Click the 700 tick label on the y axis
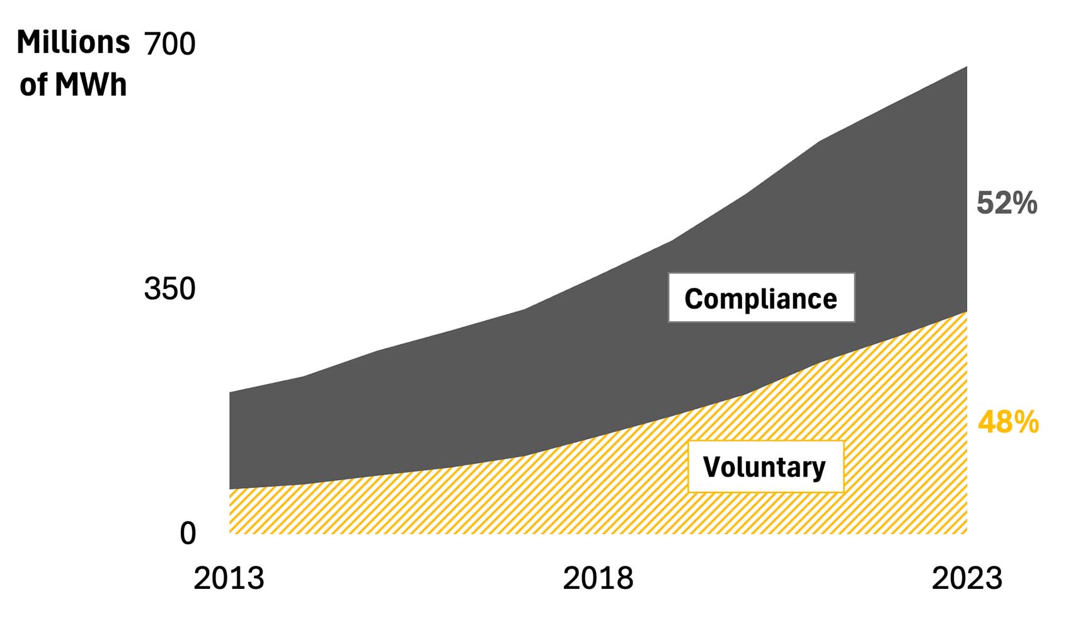[x=170, y=44]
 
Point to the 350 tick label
[x=169, y=289]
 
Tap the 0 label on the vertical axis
[x=188, y=534]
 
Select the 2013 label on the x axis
[x=229, y=579]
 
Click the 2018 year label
[x=598, y=579]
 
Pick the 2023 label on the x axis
[x=966, y=579]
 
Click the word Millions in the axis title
[x=73, y=43]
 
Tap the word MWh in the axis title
[x=91, y=85]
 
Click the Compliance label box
[x=761, y=298]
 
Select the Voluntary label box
[x=765, y=467]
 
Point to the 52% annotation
[x=1006, y=203]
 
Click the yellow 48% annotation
[x=1008, y=423]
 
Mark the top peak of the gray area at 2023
[x=966, y=67]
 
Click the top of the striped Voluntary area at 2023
[x=966, y=312]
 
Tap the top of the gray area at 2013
[x=231, y=393]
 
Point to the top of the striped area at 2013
[x=231, y=489]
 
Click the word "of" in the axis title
[x=33, y=85]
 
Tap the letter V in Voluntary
[x=711, y=467]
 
